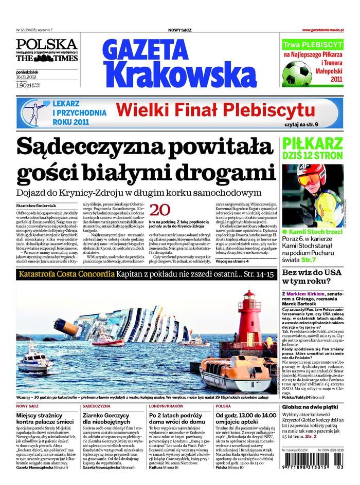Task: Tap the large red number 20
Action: (x=159, y=210)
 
